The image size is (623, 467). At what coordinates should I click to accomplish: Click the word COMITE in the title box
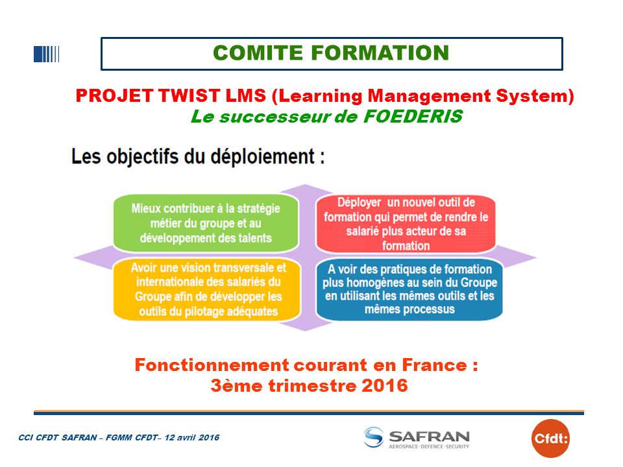tap(258, 53)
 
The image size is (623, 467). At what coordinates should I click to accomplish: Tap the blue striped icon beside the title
tap(47, 54)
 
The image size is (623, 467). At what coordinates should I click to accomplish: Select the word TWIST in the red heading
tap(188, 96)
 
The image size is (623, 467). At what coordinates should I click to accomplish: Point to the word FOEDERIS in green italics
tap(413, 116)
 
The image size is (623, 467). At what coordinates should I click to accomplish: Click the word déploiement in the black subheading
tap(263, 156)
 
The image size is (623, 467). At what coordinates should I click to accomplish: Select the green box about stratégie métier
tap(206, 223)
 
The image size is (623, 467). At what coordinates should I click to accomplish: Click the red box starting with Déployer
tap(406, 224)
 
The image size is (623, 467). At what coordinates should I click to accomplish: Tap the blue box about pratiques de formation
tap(409, 289)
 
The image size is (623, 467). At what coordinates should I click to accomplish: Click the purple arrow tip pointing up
tap(305, 185)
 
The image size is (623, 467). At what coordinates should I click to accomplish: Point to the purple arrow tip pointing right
tap(536, 257)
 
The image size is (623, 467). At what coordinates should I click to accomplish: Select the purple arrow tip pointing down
tap(306, 330)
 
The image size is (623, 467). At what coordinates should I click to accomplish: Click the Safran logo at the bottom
tap(417, 438)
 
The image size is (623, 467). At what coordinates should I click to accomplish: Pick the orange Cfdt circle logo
tap(550, 438)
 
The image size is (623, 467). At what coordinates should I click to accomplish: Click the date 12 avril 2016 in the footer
tap(192, 438)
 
